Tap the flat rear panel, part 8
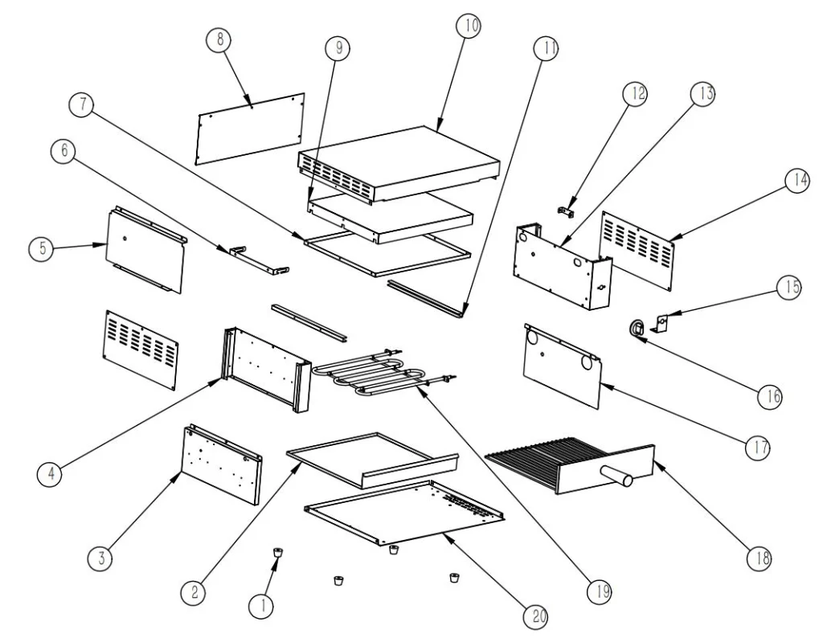[249, 129]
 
